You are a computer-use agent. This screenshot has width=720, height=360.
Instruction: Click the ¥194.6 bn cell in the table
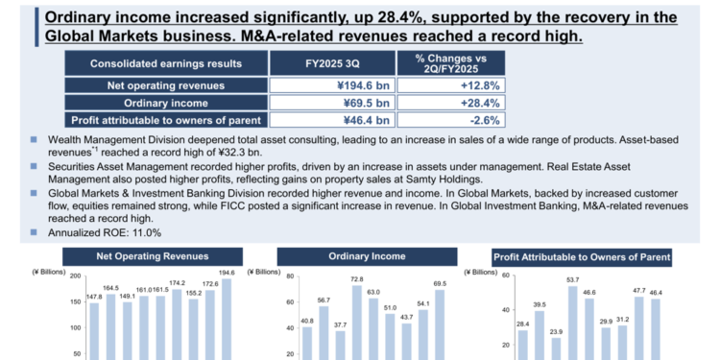pos(330,84)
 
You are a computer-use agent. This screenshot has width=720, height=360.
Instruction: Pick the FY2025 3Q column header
pos(330,64)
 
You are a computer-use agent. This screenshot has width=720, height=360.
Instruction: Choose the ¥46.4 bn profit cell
pos(330,120)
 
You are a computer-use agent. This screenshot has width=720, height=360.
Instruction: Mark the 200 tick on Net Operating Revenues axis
pos(76,276)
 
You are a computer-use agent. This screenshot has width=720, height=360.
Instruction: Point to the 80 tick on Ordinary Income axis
pos(287,276)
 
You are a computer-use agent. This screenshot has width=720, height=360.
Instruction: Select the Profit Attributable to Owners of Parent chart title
pos(581,257)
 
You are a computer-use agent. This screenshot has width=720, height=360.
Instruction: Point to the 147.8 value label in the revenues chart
pos(94,298)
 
